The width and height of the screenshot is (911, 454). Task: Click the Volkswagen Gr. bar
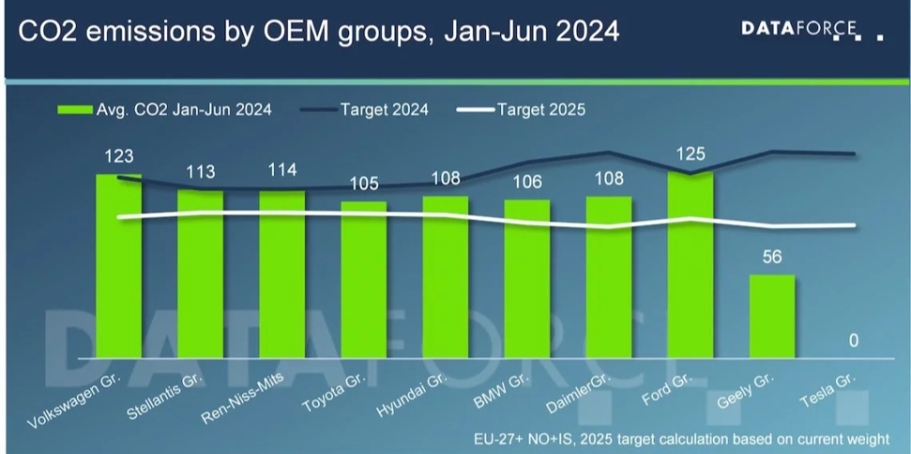click(x=119, y=266)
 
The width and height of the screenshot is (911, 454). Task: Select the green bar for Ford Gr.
click(x=690, y=265)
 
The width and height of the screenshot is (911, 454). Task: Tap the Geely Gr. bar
click(x=772, y=316)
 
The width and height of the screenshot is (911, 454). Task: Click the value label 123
click(x=119, y=157)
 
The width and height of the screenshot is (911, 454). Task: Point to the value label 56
click(x=773, y=257)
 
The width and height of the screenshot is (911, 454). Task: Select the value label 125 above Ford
click(x=690, y=154)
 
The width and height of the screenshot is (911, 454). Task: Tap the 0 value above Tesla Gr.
click(x=854, y=341)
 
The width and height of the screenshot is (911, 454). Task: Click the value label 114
click(x=282, y=170)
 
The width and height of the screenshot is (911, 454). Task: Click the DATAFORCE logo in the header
click(x=801, y=30)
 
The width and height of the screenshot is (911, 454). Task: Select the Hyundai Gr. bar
click(x=445, y=278)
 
